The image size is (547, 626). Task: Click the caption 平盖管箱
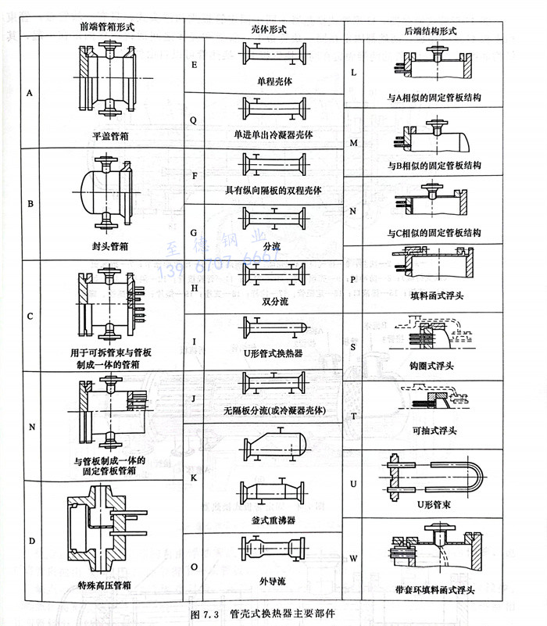(x=110, y=135)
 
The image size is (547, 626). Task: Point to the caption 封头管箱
(x=110, y=245)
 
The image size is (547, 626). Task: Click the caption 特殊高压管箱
(x=109, y=584)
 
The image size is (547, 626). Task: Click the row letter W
(x=353, y=558)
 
